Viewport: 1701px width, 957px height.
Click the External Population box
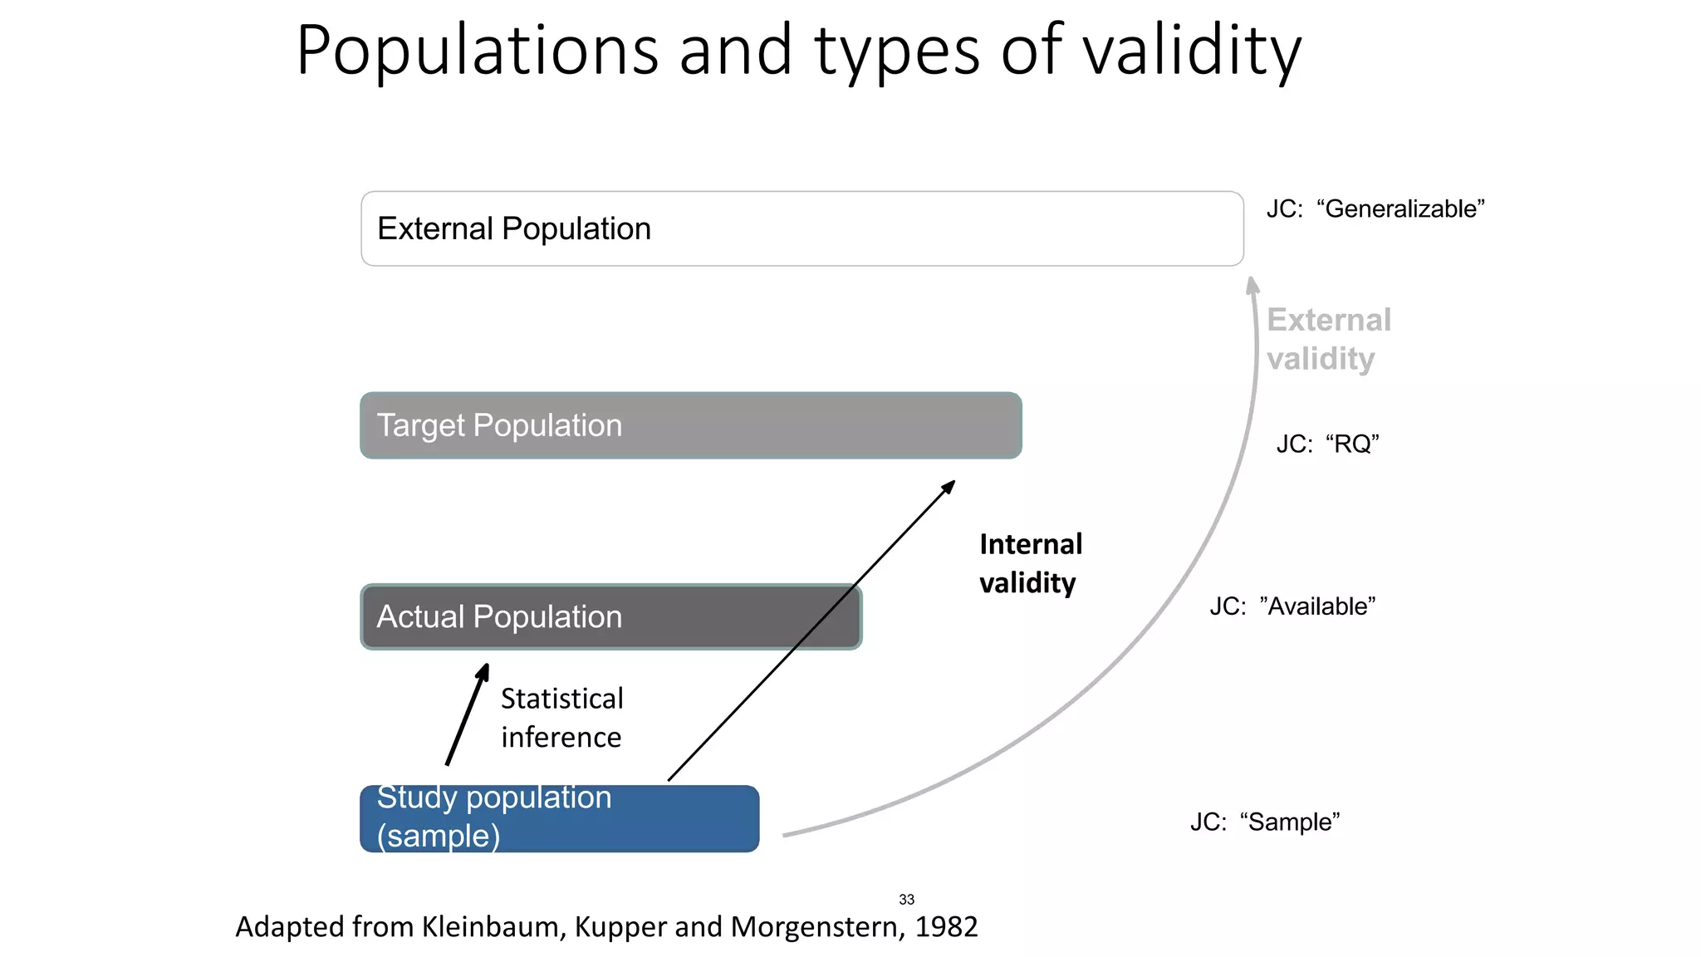tap(801, 228)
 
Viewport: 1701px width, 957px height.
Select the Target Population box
tap(690, 425)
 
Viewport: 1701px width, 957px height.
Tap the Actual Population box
tap(610, 616)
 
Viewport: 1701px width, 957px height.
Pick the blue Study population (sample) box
tap(559, 818)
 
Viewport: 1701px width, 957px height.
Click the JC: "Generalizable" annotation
tap(1375, 209)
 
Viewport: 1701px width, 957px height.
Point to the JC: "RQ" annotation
tap(1327, 444)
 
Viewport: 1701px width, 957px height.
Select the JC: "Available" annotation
tap(1292, 606)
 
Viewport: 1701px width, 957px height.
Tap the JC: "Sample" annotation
tap(1264, 822)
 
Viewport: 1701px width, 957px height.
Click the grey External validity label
tap(1327, 339)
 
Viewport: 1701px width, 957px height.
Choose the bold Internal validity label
tap(1030, 563)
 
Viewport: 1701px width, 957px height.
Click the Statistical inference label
tap(561, 718)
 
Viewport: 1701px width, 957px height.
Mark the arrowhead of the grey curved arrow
tap(1252, 286)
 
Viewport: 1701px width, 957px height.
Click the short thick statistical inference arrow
tap(467, 714)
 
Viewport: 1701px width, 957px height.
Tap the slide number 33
tap(906, 900)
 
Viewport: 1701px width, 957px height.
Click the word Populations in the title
tap(477, 52)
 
